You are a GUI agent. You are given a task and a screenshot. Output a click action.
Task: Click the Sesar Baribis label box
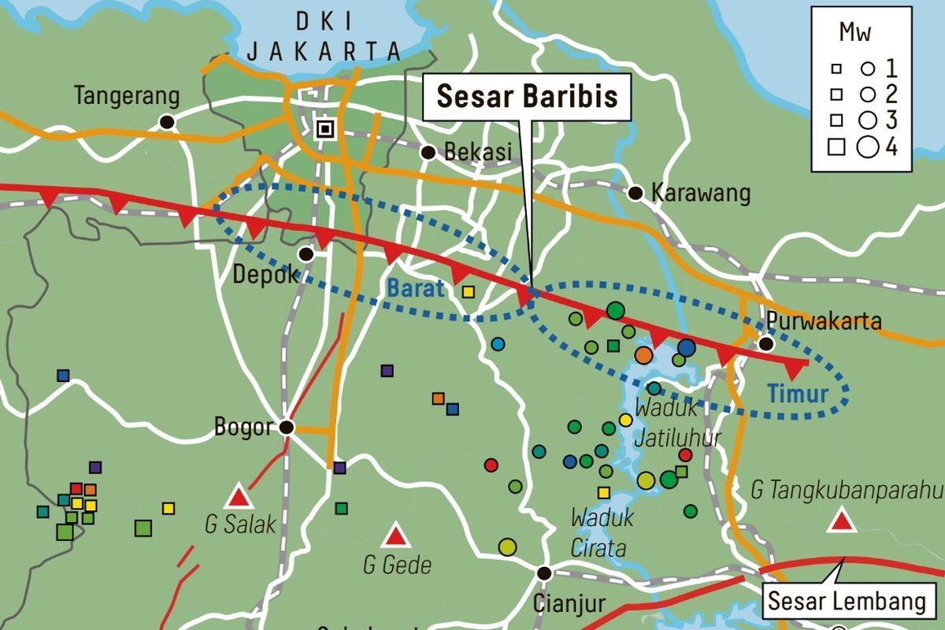pyautogui.click(x=527, y=98)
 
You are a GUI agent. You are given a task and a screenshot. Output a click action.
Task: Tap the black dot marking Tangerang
pyautogui.click(x=166, y=122)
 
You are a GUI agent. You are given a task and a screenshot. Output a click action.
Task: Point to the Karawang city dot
pyautogui.click(x=636, y=193)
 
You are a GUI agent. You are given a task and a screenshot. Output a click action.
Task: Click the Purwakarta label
pyautogui.click(x=823, y=321)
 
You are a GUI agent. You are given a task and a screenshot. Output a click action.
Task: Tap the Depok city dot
pyautogui.click(x=306, y=254)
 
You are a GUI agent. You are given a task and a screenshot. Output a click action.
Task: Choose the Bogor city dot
pyautogui.click(x=287, y=427)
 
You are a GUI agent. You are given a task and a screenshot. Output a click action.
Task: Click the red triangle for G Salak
pyautogui.click(x=238, y=498)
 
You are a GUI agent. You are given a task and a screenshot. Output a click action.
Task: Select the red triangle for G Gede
pyautogui.click(x=395, y=537)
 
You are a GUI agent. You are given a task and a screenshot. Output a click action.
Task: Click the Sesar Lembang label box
pyautogui.click(x=847, y=602)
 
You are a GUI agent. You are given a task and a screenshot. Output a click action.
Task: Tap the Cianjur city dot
pyautogui.click(x=543, y=573)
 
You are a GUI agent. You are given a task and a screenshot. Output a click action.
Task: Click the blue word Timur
pyautogui.click(x=799, y=393)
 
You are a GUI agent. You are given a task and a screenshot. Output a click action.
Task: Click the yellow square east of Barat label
pyautogui.click(x=469, y=292)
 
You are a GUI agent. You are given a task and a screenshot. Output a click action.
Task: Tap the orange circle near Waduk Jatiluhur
pyautogui.click(x=643, y=355)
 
